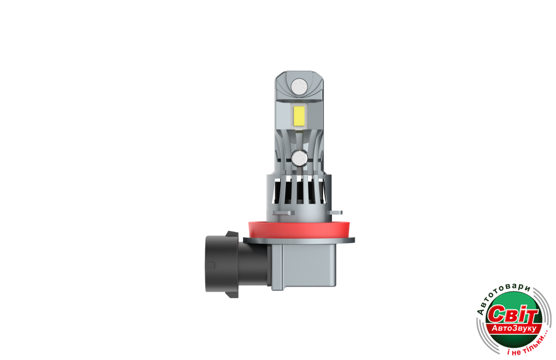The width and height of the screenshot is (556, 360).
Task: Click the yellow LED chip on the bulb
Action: click(300, 116)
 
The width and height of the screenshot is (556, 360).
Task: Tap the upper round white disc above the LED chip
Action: click(299, 87)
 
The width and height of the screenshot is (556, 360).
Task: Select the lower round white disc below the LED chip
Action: click(300, 159)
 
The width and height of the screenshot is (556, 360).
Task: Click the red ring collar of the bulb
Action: click(299, 230)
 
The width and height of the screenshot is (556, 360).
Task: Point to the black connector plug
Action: click(234, 264)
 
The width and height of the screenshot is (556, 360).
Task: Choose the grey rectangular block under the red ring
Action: click(304, 267)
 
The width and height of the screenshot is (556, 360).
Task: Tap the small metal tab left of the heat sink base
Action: click(284, 213)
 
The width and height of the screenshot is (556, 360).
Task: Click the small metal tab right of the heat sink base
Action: click(336, 213)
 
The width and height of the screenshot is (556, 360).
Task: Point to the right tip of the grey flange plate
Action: click(354, 240)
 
